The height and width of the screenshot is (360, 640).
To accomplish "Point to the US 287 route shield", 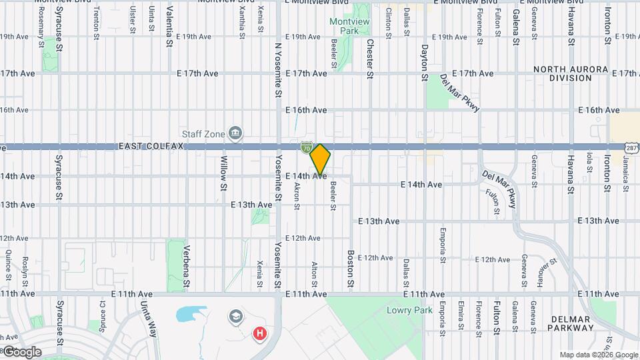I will (632, 147).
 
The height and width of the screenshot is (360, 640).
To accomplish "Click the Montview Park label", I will (345, 27).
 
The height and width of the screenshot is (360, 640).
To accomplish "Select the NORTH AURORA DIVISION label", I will (570, 73).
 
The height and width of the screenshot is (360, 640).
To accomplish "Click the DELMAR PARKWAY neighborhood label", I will (570, 323).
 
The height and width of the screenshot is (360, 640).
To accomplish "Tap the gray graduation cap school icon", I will (235, 316).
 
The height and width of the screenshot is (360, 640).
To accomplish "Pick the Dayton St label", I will (424, 63).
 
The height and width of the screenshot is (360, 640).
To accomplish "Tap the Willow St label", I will (224, 174).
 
